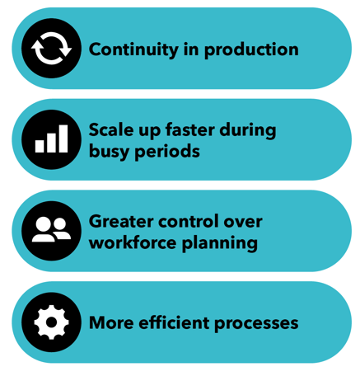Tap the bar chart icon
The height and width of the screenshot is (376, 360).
[51, 139]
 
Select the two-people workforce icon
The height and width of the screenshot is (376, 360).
[51, 230]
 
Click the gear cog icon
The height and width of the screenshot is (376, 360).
[51, 322]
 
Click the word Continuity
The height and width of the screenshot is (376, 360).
[133, 50]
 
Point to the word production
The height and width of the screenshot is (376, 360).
[251, 50]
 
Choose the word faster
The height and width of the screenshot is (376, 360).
[190, 129]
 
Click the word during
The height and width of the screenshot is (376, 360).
[248, 130]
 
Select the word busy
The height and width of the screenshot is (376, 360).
[110, 152]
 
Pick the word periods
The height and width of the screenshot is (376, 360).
[167, 152]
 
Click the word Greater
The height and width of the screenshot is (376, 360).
[121, 221]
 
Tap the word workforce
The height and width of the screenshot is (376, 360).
[133, 242]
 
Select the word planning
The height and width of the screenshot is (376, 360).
[220, 243]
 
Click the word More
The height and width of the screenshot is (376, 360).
[111, 322]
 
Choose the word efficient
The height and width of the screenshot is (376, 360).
[174, 322]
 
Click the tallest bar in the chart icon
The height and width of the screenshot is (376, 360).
[63, 139]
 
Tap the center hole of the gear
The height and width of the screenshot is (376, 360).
[51, 322]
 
